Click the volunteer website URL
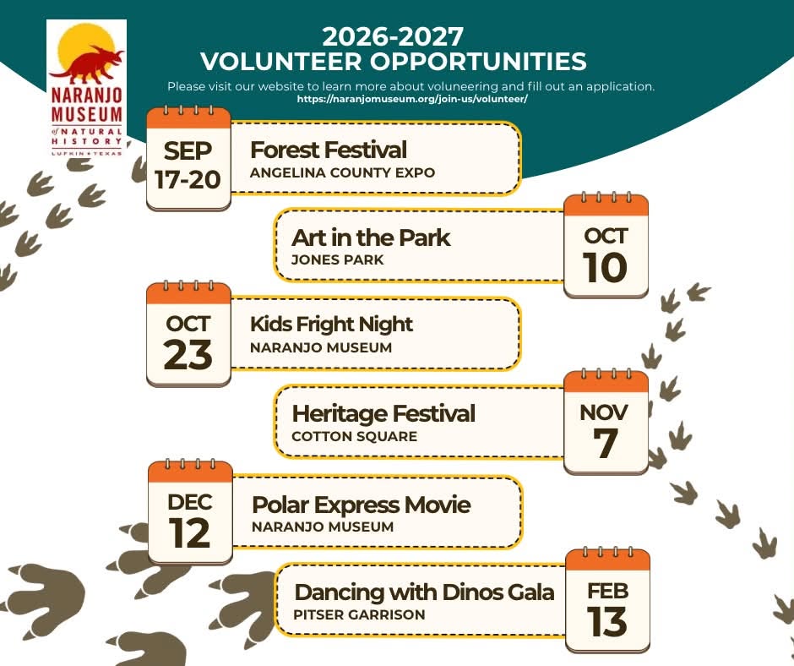tap(412, 99)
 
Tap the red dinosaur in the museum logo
tap(89, 66)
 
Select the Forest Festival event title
tap(328, 150)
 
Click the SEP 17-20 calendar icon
tap(188, 158)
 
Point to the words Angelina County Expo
tap(342, 172)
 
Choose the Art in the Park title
tap(371, 237)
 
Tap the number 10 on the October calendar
tap(605, 267)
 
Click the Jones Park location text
tap(337, 260)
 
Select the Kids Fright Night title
tap(331, 325)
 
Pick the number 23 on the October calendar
tap(188, 355)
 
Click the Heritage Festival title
tap(383, 413)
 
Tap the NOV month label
tap(604, 412)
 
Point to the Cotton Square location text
tap(355, 436)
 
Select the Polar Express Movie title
tap(361, 505)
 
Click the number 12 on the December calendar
tap(189, 533)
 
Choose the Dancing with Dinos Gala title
tap(424, 592)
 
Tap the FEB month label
tap(607, 591)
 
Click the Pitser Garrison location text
tap(359, 614)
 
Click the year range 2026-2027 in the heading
tap(393, 36)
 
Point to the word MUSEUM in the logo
tap(87, 114)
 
